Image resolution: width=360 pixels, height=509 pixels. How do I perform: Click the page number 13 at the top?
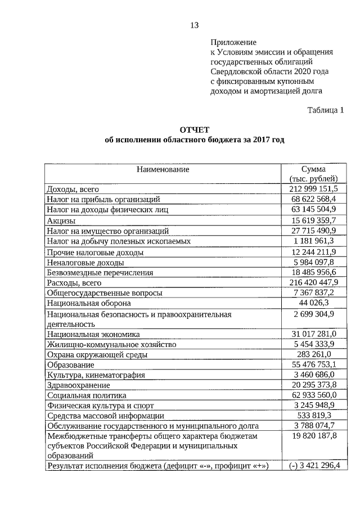(194, 25)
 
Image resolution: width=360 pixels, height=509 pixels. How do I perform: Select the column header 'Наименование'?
(162, 169)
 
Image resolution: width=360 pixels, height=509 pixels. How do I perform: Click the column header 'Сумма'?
(314, 169)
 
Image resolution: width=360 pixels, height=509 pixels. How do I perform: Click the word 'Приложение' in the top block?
(233, 42)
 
